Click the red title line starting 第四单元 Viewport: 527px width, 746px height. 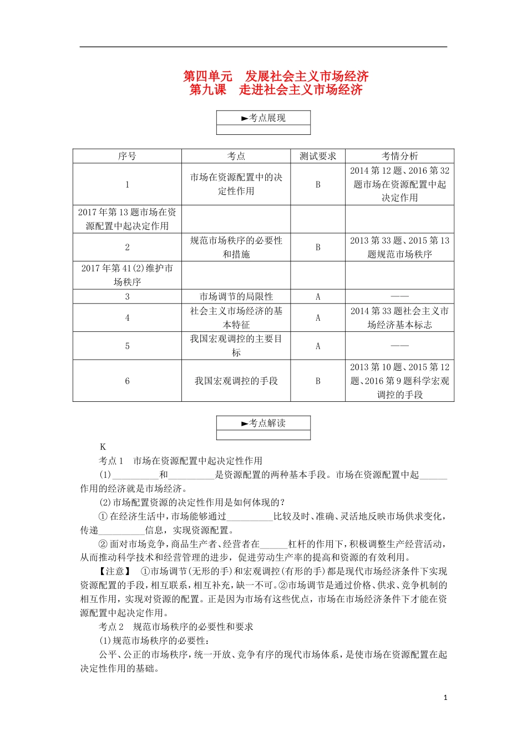276,76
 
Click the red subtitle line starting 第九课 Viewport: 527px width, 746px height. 276,90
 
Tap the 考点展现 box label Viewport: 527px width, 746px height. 263,118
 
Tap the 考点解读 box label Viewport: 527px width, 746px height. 263,423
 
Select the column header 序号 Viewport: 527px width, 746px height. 127,156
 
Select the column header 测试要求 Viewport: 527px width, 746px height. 318,156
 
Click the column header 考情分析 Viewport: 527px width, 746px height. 399,156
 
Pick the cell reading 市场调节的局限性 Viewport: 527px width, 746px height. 236,296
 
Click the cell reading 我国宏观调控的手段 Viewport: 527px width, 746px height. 236,381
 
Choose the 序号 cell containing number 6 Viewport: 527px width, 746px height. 127,381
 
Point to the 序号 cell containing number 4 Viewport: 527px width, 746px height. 127,318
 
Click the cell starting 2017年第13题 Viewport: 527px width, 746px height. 127,219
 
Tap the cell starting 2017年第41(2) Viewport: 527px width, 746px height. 127,275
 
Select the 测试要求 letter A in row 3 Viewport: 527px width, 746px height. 318,296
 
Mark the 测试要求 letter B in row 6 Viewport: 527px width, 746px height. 318,381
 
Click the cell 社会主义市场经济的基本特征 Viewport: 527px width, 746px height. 236,318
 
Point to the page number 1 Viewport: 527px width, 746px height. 445,698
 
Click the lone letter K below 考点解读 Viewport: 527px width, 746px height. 103,447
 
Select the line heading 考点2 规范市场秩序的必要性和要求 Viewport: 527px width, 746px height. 176,627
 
